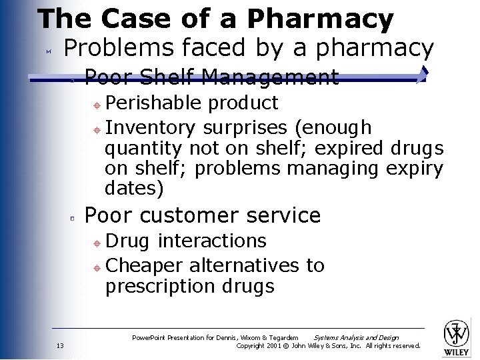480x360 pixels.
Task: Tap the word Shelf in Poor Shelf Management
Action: tap(164, 78)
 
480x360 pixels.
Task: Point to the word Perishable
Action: tap(153, 103)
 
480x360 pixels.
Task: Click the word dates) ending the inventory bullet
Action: tap(134, 189)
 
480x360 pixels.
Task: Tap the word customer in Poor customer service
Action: tap(194, 215)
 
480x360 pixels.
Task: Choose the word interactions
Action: tap(212, 241)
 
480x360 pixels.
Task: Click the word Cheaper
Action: tap(144, 265)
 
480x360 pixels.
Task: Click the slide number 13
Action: tap(60, 345)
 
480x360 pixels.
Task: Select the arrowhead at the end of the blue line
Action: tap(421, 75)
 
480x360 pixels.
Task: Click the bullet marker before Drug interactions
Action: tap(96, 242)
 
